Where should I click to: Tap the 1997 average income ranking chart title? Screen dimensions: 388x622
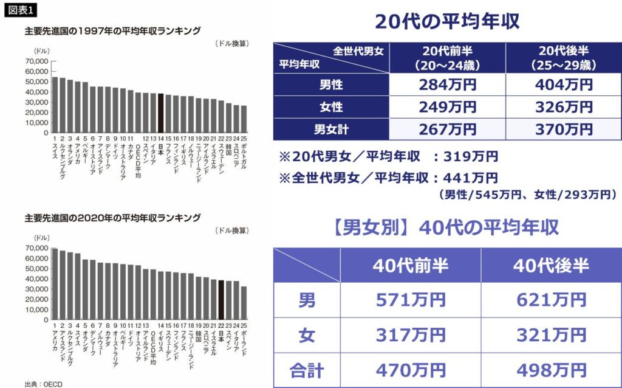(x=112, y=30)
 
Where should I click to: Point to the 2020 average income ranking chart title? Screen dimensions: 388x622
(x=112, y=217)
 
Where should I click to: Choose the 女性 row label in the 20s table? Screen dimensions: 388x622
(x=331, y=107)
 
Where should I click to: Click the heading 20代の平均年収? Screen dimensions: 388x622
(x=447, y=21)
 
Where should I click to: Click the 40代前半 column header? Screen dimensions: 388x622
(x=410, y=265)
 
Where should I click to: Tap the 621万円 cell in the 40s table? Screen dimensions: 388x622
(x=550, y=300)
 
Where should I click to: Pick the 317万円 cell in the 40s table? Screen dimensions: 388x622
(x=410, y=335)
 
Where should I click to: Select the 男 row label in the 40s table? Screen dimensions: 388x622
(x=307, y=300)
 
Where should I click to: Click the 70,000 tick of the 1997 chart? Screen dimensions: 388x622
(x=37, y=61)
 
